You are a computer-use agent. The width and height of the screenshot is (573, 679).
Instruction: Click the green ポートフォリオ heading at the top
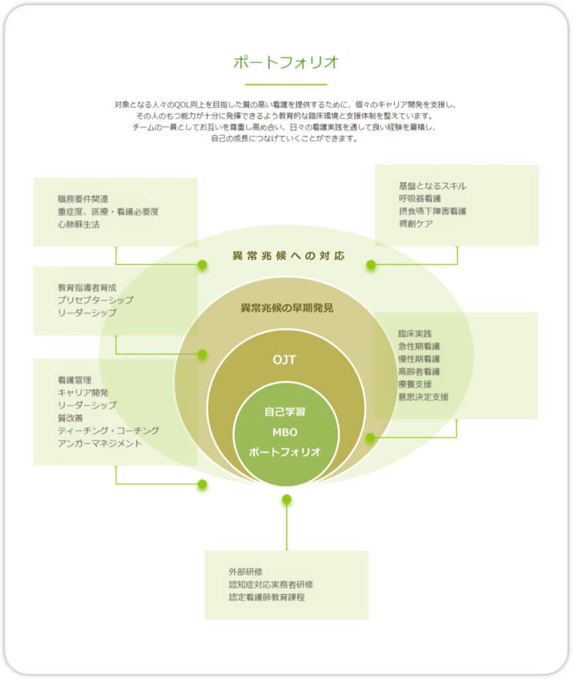(x=286, y=62)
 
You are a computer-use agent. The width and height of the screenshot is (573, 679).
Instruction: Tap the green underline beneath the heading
(x=286, y=84)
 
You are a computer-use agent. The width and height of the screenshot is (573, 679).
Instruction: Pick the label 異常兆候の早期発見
(x=286, y=308)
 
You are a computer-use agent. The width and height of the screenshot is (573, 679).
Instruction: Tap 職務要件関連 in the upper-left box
(x=83, y=199)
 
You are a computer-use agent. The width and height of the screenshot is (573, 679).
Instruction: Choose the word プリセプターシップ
(x=95, y=300)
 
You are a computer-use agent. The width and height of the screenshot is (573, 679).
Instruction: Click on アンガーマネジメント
(x=99, y=443)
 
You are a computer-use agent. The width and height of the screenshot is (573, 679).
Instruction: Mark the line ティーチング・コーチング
(x=108, y=430)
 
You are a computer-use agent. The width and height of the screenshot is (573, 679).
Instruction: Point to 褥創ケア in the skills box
(x=416, y=223)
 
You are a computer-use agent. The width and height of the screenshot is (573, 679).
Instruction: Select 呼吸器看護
(x=420, y=198)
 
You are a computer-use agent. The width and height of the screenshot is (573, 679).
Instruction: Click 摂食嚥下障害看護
(x=432, y=211)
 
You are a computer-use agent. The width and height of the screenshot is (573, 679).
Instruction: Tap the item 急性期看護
(x=419, y=346)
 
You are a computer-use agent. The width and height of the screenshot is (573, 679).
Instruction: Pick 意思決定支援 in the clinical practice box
(x=423, y=397)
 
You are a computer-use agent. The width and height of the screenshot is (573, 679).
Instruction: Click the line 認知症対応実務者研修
(x=271, y=584)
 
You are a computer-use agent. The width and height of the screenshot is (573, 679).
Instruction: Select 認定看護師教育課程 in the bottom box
(x=267, y=597)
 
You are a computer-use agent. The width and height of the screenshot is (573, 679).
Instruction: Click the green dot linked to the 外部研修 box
(x=286, y=499)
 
